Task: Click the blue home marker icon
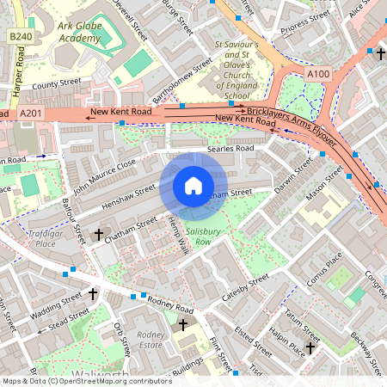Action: (193, 186)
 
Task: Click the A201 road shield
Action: (29, 113)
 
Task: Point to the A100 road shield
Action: (317, 75)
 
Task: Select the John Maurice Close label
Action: (104, 175)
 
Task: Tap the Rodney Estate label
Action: (150, 340)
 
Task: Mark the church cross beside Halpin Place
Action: (310, 348)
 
